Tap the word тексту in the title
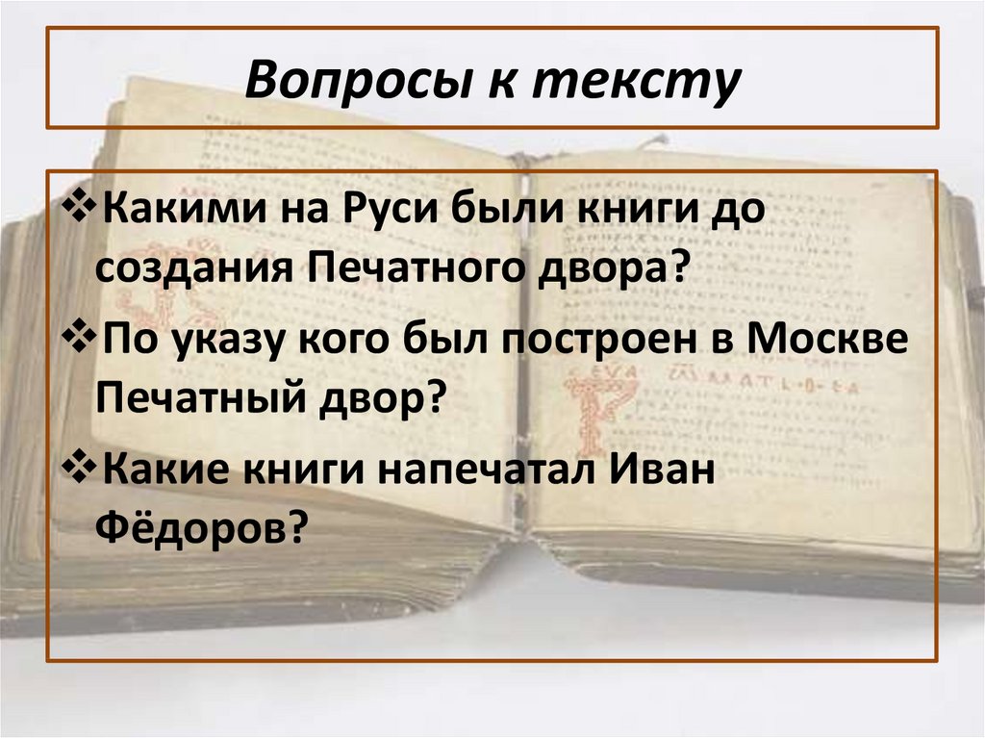pos(645,81)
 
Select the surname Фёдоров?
pos(200,527)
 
